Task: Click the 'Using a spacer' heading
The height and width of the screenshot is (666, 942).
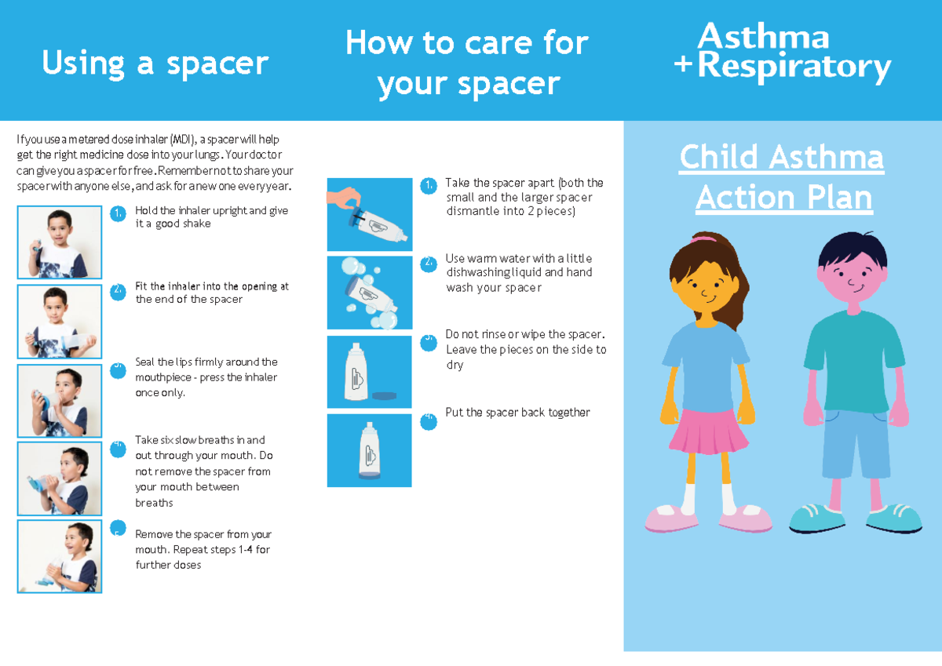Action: [155, 64]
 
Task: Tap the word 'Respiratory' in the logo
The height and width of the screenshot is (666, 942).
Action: [794, 67]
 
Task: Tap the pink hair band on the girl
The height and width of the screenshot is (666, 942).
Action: [703, 238]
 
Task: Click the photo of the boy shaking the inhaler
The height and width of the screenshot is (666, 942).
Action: [60, 242]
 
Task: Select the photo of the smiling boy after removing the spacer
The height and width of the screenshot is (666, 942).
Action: [60, 556]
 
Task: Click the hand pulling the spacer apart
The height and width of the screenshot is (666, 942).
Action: [344, 198]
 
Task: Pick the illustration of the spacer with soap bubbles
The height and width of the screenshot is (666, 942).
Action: [370, 293]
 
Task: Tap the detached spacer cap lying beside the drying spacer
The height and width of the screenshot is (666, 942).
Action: [385, 395]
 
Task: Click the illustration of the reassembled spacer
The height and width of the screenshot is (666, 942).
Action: [370, 450]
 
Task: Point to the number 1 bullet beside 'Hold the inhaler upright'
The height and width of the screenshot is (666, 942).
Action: [119, 213]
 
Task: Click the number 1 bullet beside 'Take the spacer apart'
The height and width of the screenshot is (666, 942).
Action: [429, 186]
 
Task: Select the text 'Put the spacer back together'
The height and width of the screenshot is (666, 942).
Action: [517, 413]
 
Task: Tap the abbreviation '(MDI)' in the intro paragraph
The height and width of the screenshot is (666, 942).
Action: [184, 139]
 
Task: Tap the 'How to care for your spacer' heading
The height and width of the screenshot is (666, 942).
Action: [467, 63]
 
